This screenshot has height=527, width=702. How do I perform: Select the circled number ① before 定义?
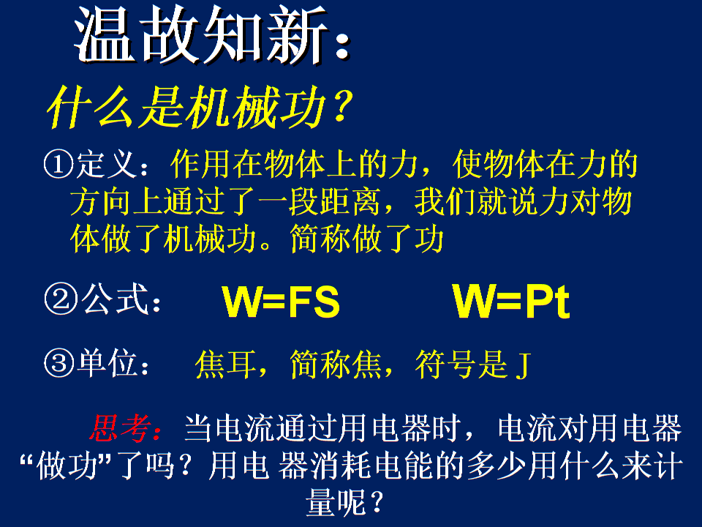[x=58, y=165]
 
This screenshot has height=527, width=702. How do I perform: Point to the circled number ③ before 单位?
[x=59, y=363]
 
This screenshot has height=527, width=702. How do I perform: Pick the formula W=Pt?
[x=511, y=301]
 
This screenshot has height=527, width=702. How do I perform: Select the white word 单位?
[x=107, y=363]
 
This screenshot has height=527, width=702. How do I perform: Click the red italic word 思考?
[x=120, y=428]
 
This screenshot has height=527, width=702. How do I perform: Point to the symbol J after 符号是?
[x=523, y=366]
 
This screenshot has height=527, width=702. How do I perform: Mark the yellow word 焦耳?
[x=226, y=364]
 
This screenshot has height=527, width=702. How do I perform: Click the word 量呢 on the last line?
[x=336, y=502]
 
